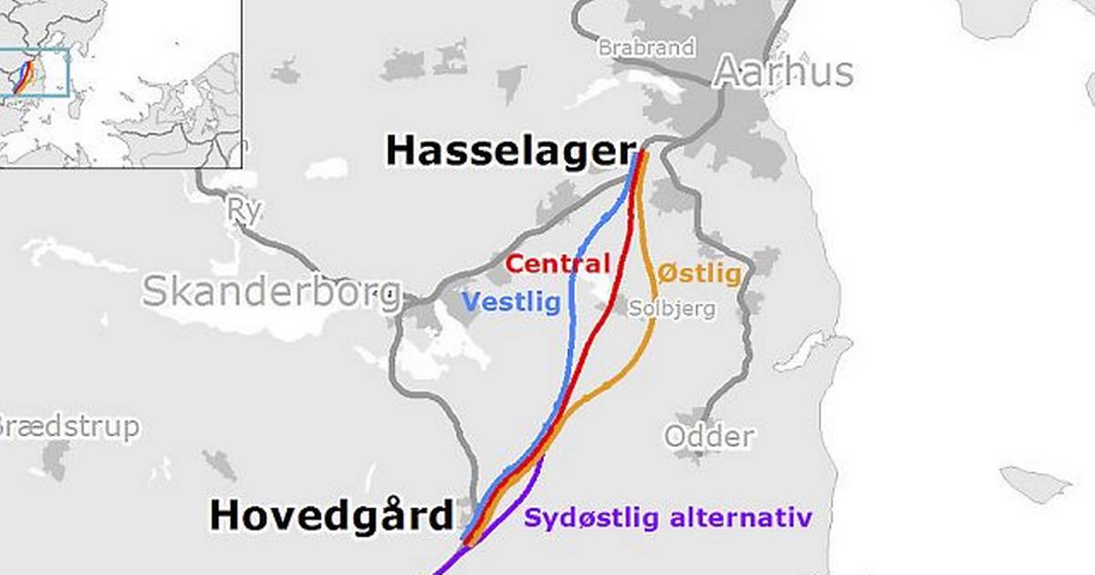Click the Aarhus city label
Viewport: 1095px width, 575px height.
click(783, 72)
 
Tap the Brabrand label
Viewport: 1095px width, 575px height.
click(646, 47)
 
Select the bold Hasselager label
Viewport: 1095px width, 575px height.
click(510, 151)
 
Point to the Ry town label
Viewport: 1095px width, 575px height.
click(245, 211)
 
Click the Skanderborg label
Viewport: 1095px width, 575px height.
click(271, 291)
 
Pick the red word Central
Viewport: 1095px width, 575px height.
click(558, 265)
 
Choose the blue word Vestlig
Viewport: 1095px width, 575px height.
click(511, 301)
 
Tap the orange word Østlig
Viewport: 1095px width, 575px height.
click(699, 274)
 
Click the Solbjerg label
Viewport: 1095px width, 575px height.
click(673, 308)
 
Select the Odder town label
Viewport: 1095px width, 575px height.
click(709, 436)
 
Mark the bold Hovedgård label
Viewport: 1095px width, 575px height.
click(331, 516)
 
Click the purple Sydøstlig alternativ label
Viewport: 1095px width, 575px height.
click(667, 518)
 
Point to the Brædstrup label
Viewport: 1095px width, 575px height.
click(68, 426)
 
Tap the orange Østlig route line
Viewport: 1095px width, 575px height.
click(648, 338)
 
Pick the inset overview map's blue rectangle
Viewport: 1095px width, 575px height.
click(35, 72)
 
